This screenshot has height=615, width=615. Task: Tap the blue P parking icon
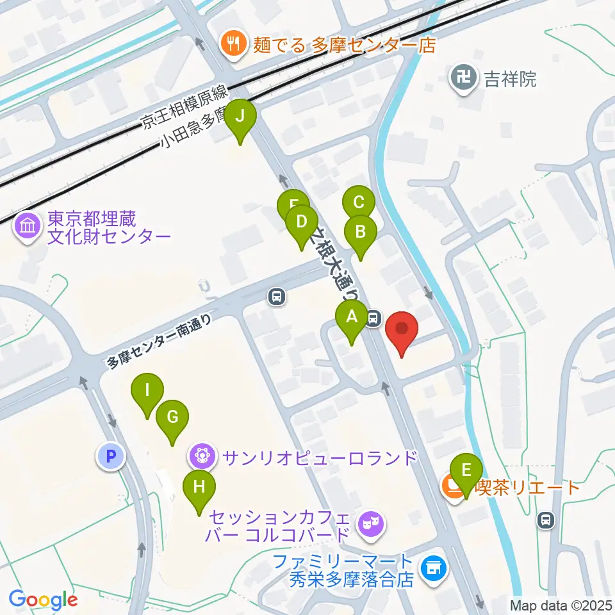click(110, 457)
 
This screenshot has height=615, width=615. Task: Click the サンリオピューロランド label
click(319, 458)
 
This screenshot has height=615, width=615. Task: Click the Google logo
click(43, 599)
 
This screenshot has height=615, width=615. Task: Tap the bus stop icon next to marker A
click(374, 316)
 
